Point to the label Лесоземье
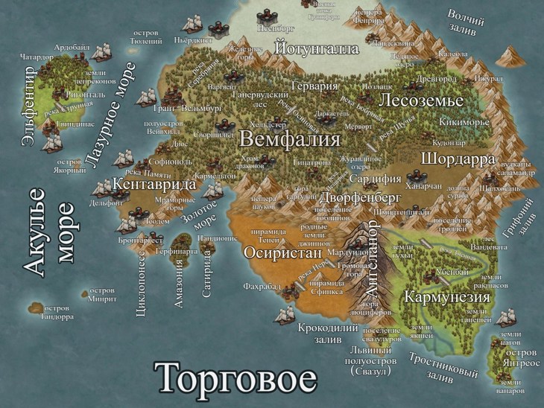(x=421, y=101)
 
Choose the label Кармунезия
(x=447, y=297)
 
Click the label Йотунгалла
(x=317, y=49)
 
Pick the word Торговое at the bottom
(x=235, y=378)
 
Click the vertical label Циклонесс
(x=142, y=282)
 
